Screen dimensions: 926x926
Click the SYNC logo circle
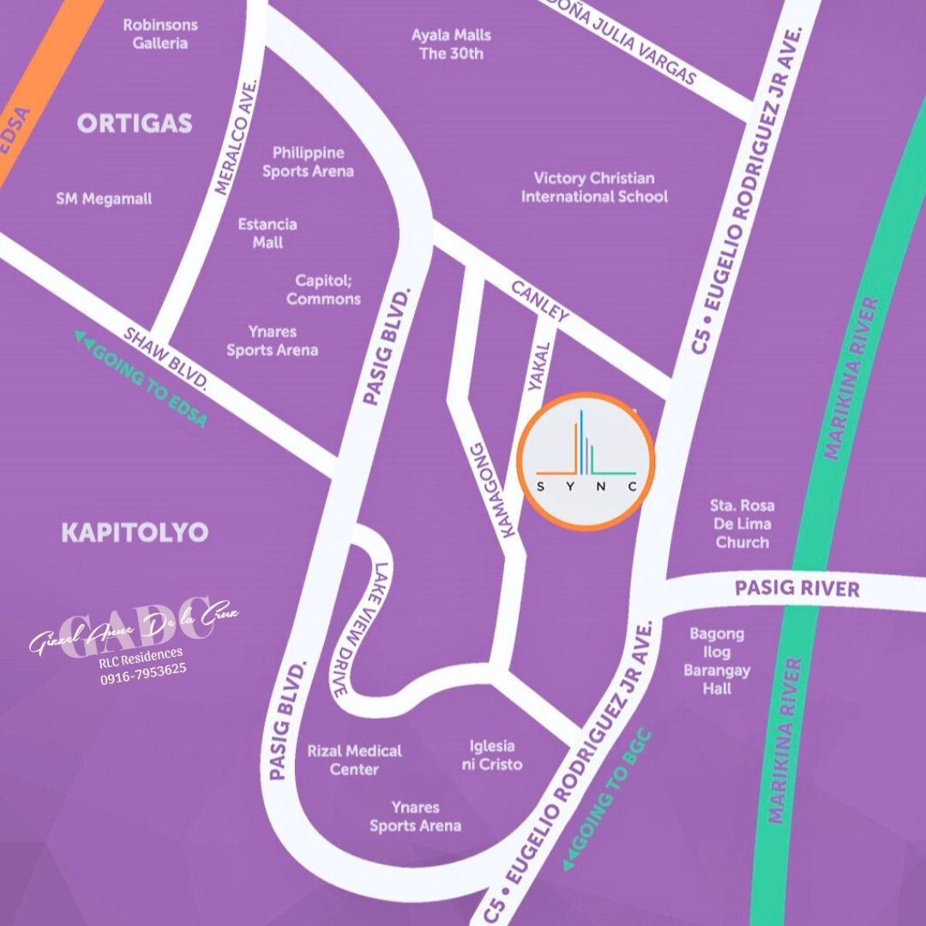pyautogui.click(x=586, y=457)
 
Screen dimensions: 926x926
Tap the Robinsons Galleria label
pyautogui.click(x=160, y=34)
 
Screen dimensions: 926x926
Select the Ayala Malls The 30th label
pyautogui.click(x=451, y=45)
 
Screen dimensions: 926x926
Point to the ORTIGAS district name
pyautogui.click(x=135, y=123)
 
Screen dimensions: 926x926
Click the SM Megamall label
pyautogui.click(x=104, y=199)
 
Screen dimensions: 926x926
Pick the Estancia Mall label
pyautogui.click(x=268, y=233)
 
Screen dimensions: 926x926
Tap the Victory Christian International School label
pyautogui.click(x=594, y=187)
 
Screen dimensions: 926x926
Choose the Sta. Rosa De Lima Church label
pyautogui.click(x=743, y=524)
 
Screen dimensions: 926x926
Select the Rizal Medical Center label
pyautogui.click(x=354, y=760)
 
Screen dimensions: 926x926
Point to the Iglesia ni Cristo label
pyautogui.click(x=491, y=755)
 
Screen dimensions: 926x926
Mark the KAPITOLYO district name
pyautogui.click(x=135, y=532)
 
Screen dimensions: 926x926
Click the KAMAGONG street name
pyautogui.click(x=491, y=490)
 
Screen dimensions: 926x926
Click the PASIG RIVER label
pyautogui.click(x=797, y=589)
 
